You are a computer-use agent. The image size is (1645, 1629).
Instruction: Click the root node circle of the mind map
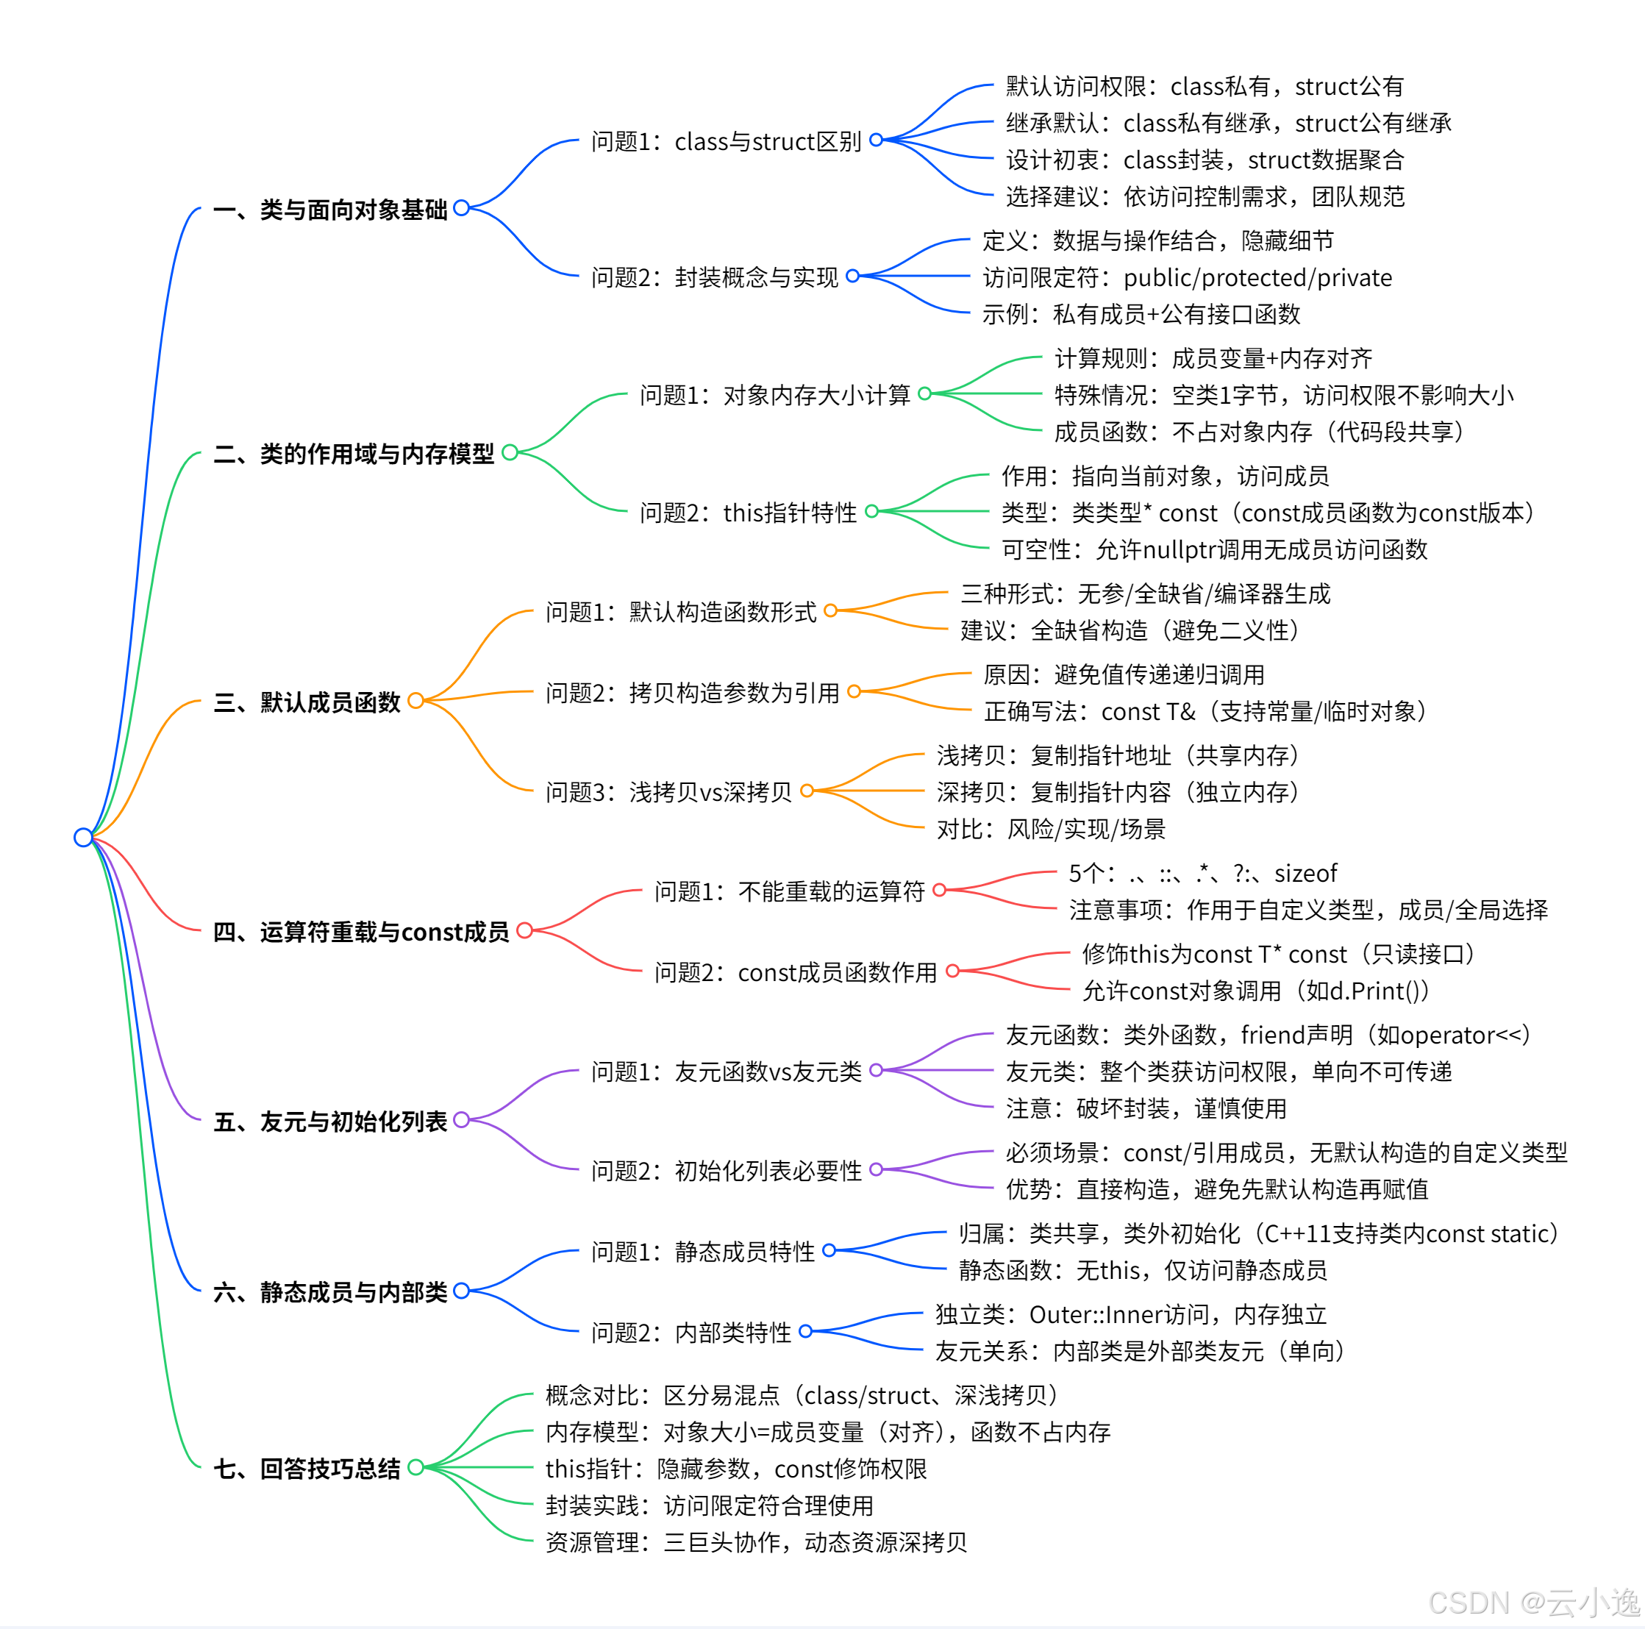click(x=82, y=837)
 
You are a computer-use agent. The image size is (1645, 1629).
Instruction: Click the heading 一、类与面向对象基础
click(x=329, y=210)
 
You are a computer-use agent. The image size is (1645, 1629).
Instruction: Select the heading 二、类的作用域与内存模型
click(x=354, y=454)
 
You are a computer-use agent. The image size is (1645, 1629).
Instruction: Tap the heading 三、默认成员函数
click(x=307, y=702)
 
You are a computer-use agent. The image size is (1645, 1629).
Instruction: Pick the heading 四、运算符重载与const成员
click(x=361, y=933)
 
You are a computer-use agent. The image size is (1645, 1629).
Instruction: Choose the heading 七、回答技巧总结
click(x=307, y=1469)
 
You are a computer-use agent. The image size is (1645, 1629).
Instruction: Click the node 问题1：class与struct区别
click(x=727, y=141)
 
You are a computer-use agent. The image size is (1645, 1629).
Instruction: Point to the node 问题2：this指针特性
click(x=749, y=513)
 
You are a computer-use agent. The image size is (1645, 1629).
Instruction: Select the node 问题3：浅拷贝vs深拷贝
click(x=668, y=792)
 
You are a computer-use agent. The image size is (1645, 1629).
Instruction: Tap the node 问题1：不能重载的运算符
click(x=789, y=891)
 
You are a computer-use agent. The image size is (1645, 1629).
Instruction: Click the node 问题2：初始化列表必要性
click(x=727, y=1171)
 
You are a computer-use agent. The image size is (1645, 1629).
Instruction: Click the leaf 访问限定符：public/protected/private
click(x=1187, y=277)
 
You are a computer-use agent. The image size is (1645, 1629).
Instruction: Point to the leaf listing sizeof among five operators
click(x=1202, y=873)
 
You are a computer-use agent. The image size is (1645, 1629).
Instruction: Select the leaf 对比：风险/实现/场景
click(x=1051, y=829)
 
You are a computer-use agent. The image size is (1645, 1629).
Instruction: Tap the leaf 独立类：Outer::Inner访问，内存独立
click(x=1131, y=1315)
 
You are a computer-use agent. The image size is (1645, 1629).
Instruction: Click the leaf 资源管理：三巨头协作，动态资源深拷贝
click(x=756, y=1542)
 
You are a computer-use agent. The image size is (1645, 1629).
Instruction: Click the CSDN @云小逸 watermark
click(x=1533, y=1602)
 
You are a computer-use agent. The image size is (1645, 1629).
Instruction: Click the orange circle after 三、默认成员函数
click(x=415, y=701)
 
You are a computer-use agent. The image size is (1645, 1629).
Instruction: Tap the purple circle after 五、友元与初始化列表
click(x=462, y=1120)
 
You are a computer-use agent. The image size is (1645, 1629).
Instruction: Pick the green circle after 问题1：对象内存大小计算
click(x=924, y=393)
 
